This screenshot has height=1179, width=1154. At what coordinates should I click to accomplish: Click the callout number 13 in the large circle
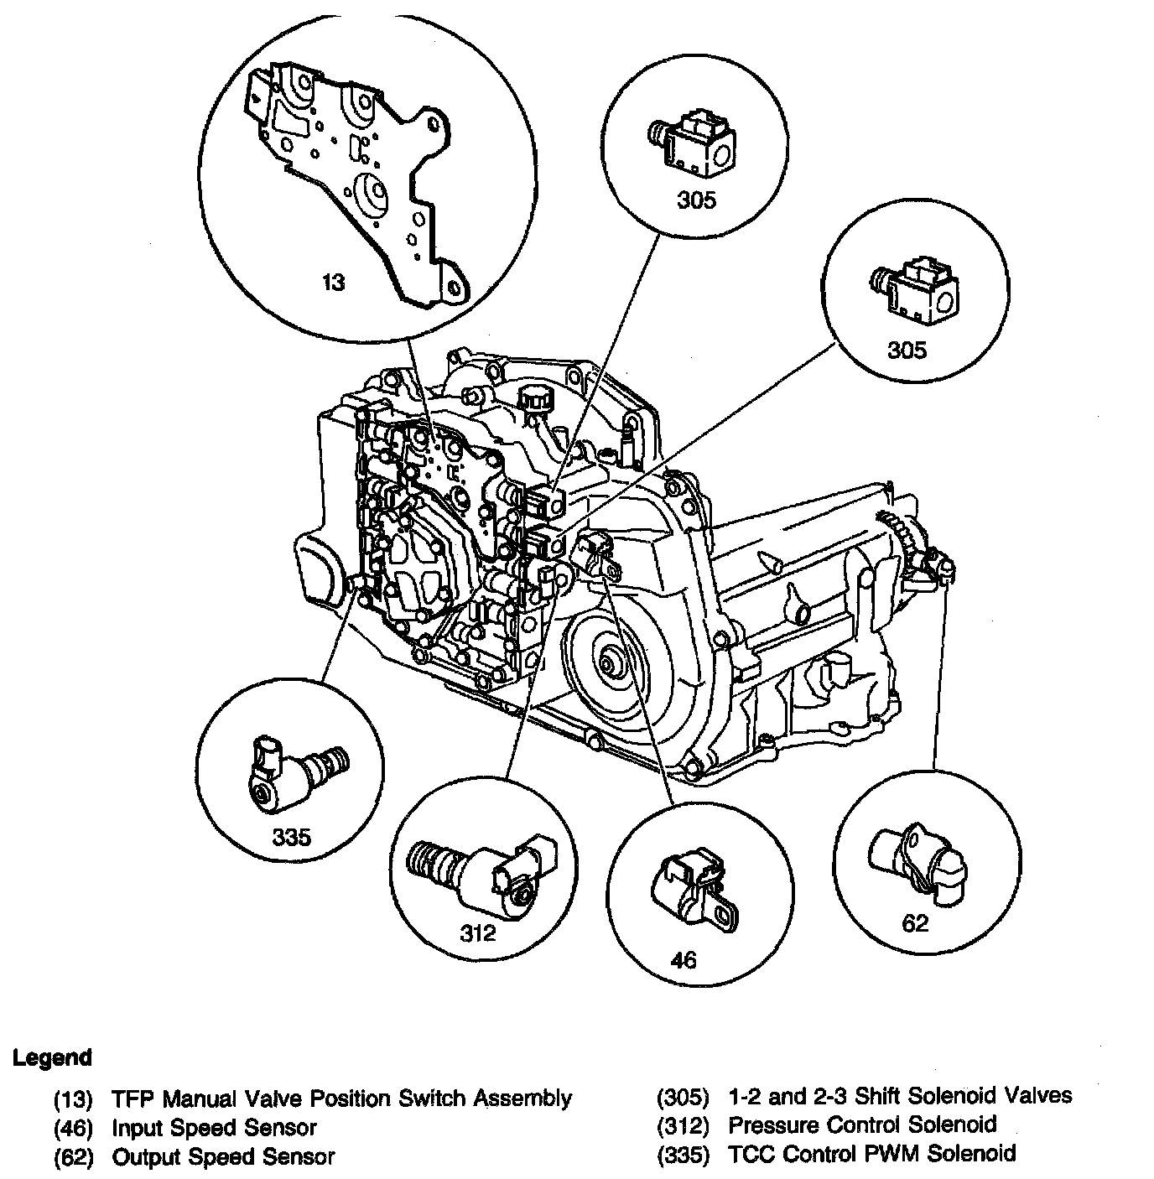point(334,282)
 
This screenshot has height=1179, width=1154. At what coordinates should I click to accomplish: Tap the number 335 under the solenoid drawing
point(292,836)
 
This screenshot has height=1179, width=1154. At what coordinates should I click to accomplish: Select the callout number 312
point(478,932)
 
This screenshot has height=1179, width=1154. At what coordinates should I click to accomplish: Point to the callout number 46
point(684,958)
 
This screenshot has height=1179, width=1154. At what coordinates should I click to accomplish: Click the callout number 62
point(915,923)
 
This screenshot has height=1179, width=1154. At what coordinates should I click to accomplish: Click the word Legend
point(52,1057)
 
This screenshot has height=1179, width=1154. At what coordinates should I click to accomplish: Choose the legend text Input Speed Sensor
point(215,1127)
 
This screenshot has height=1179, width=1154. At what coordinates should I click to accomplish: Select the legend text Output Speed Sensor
point(223,1156)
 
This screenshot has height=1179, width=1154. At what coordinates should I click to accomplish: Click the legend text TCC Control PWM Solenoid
point(871,1153)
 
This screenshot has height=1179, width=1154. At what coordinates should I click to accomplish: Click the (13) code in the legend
point(73,1098)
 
